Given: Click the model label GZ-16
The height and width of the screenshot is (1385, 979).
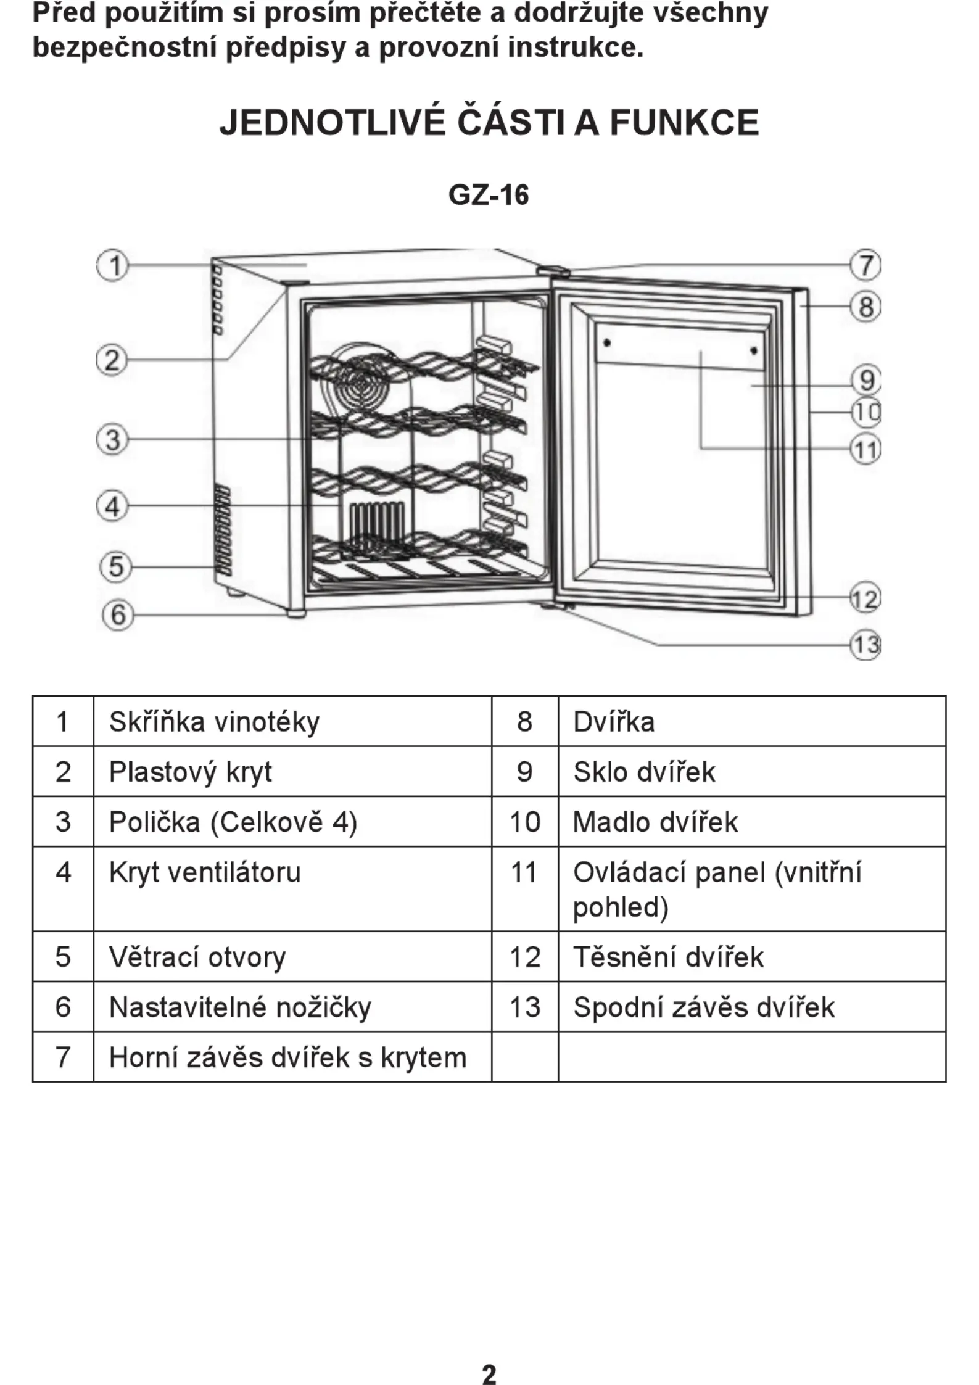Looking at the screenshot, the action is click(x=489, y=195).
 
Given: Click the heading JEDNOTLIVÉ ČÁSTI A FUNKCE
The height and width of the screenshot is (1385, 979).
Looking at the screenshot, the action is click(x=489, y=122).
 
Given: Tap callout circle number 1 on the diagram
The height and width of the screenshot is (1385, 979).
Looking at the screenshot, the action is click(x=112, y=266).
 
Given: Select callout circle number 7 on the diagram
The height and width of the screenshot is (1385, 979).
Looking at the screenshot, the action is click(x=865, y=265).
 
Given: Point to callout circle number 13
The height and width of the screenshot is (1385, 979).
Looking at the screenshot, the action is click(x=865, y=645).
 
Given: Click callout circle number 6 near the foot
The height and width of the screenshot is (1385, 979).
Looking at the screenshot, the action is click(x=117, y=614).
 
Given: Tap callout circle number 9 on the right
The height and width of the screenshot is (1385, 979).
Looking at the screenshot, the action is click(x=866, y=380).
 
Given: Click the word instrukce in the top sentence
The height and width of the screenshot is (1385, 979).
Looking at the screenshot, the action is click(x=576, y=48).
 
